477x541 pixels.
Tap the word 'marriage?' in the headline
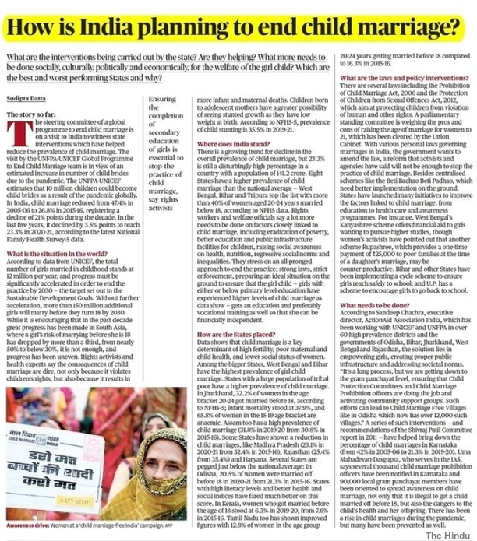pyautogui.click(x=414, y=30)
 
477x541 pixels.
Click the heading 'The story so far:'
pyautogui.click(x=30, y=114)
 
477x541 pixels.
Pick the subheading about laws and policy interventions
pyautogui.click(x=399, y=80)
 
